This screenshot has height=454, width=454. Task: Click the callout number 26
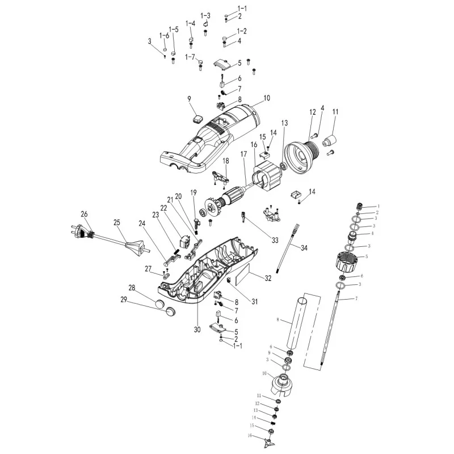click(x=85, y=214)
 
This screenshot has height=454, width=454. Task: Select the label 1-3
click(x=205, y=15)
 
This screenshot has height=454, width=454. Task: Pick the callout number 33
click(x=275, y=240)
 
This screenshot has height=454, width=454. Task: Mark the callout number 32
click(x=268, y=278)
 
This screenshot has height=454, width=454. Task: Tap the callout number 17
click(x=243, y=154)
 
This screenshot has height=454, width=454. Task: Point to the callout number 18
click(x=225, y=161)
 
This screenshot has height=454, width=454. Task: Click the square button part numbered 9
click(x=197, y=119)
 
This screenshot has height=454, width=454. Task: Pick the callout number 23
click(x=155, y=215)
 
